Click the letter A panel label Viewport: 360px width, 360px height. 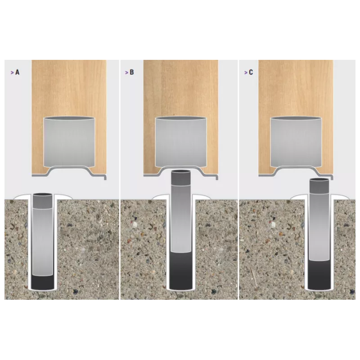tap(17, 72)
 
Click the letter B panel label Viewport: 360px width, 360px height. tap(131, 72)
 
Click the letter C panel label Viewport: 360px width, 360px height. tap(251, 72)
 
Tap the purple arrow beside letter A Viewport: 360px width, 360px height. tap(12, 72)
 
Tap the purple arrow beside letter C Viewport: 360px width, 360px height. tap(246, 72)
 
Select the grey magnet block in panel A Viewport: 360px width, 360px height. tap(69, 142)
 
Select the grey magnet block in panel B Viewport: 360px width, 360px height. tap(181, 142)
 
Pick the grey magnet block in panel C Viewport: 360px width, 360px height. tap(296, 142)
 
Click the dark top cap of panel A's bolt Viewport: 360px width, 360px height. tap(42, 201)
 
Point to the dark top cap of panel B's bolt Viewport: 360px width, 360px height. tap(181, 177)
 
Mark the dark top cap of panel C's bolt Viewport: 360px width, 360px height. tap(319, 186)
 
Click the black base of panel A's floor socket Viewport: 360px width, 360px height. tap(42, 283)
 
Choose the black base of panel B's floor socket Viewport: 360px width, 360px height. tap(181, 271)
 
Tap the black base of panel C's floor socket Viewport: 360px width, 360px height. tap(319, 275)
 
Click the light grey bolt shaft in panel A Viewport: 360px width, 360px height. tap(42, 242)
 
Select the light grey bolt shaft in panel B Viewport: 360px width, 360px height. tap(181, 219)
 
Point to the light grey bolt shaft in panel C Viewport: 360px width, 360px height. tap(319, 227)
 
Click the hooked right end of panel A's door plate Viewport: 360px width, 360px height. tap(105, 177)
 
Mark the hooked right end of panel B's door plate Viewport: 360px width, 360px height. tap(216, 177)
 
